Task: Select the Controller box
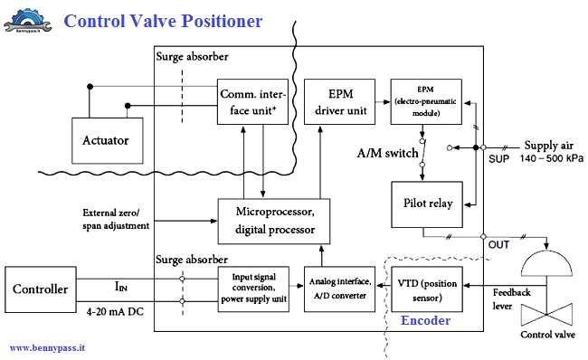(40, 289)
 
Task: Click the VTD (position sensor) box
(425, 289)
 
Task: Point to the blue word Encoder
(425, 320)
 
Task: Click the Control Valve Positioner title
(163, 20)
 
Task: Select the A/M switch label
(386, 154)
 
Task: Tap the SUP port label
(498, 159)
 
